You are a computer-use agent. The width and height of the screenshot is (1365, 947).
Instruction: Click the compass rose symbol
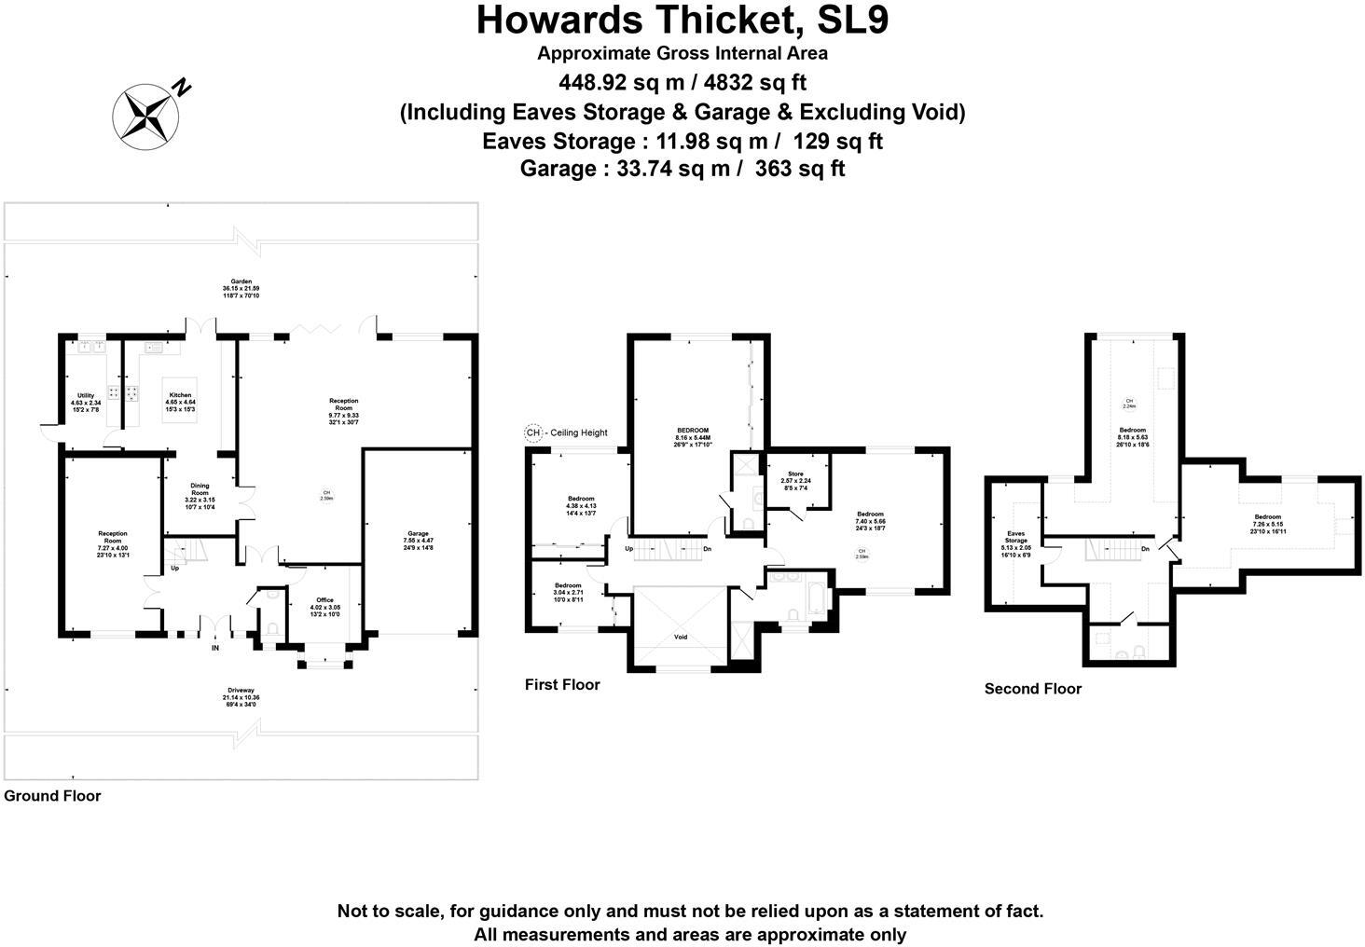[145, 116]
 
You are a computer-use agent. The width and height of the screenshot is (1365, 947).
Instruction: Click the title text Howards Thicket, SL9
[682, 21]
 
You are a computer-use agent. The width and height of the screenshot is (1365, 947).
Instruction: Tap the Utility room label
[86, 403]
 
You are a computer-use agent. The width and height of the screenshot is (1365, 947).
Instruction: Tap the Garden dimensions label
[241, 288]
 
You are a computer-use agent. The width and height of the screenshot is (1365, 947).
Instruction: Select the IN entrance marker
[215, 648]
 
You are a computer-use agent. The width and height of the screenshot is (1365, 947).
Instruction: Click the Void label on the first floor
[681, 638]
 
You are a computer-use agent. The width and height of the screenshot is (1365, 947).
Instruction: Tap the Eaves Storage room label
[1015, 541]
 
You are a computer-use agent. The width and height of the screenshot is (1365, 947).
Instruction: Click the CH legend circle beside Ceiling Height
[532, 432]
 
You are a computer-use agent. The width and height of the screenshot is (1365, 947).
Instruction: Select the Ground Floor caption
[52, 796]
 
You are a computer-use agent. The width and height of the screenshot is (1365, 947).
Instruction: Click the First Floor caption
[562, 685]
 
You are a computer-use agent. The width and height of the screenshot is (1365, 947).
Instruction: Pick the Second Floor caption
[1033, 689]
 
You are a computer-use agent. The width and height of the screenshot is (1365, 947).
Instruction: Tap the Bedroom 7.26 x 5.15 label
[1267, 523]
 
